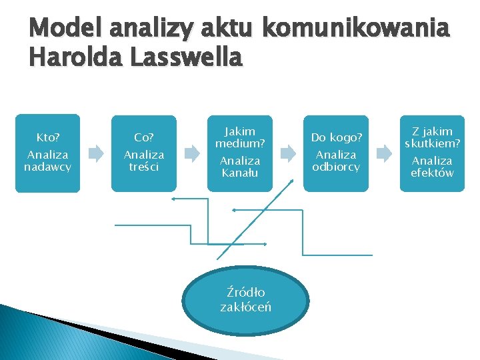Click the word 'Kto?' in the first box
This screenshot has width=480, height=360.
[47, 138]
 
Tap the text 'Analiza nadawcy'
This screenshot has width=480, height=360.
[47, 161]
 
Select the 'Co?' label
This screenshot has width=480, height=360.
[144, 138]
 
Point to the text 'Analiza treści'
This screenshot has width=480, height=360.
[144, 161]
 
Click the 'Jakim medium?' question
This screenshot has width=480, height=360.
[240, 137]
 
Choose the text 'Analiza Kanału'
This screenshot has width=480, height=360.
[240, 167]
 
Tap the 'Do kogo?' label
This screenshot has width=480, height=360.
[336, 138]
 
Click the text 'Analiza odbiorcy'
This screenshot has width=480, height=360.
[336, 161]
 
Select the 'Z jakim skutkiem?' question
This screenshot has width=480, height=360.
[432, 137]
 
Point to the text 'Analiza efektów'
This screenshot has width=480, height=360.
[432, 167]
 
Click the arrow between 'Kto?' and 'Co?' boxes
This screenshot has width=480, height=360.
[96, 154]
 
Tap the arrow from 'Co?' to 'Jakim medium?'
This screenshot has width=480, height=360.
[192, 154]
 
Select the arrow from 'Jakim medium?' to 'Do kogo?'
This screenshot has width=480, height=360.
[288, 154]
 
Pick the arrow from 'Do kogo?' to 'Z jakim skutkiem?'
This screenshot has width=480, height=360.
[384, 154]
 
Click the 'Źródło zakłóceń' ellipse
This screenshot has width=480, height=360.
[245, 300]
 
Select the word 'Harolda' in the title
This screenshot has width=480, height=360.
[69, 58]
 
